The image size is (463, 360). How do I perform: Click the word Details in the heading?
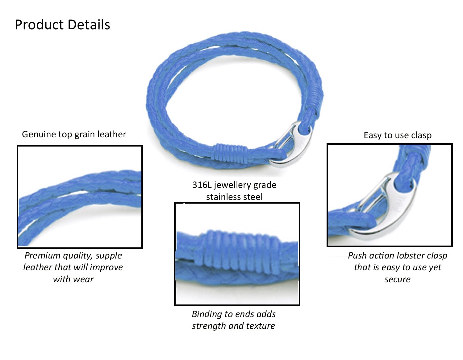pos(89,25)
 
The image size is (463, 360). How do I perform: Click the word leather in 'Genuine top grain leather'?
pos(112,134)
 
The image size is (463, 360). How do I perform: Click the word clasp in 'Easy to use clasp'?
pos(421,135)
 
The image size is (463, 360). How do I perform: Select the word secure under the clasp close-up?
pos(397,279)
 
